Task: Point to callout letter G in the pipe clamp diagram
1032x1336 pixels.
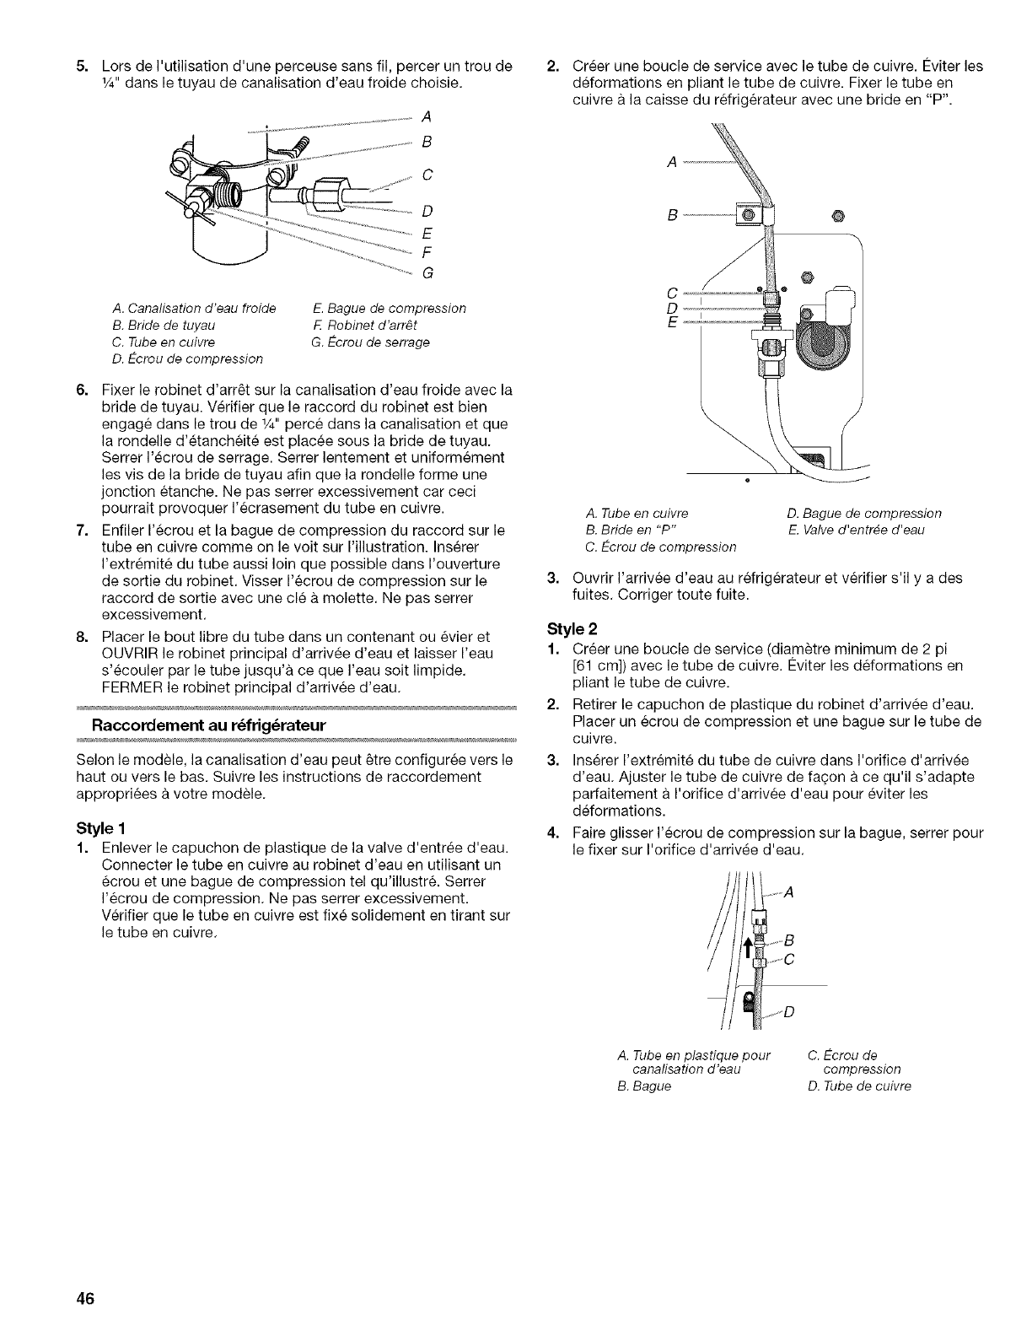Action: coord(427,272)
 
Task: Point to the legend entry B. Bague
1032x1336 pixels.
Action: coord(644,1085)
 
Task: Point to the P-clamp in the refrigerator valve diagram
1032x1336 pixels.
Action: coord(750,213)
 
